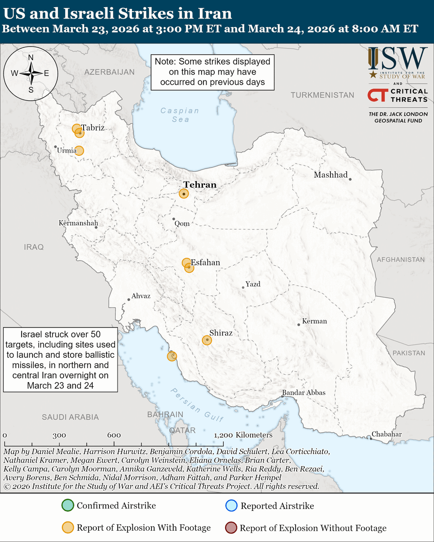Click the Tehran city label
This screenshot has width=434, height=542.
[x=199, y=185]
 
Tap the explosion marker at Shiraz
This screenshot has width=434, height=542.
[x=207, y=340]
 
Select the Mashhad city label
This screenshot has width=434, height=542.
[x=330, y=175]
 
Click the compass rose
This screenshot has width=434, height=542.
[x=31, y=73]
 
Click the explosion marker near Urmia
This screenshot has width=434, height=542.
[x=79, y=150]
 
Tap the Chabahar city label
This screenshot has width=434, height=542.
[x=387, y=435]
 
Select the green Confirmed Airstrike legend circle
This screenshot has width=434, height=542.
[x=67, y=506]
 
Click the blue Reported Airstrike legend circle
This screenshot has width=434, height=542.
[x=231, y=506]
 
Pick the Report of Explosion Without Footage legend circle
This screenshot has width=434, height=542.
[x=231, y=528]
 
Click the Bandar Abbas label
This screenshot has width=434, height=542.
[x=303, y=392]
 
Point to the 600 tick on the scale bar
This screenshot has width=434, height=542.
[x=114, y=435]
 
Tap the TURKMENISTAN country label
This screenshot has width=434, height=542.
[x=322, y=95]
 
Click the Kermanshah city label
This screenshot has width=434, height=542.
[x=78, y=223]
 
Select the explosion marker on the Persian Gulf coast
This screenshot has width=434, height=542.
[x=172, y=356]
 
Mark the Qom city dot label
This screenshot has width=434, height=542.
[x=182, y=224]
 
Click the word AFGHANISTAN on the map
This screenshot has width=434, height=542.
[x=401, y=260]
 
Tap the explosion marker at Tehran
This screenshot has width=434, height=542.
[x=184, y=194]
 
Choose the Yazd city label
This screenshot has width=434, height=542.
[x=253, y=284]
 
